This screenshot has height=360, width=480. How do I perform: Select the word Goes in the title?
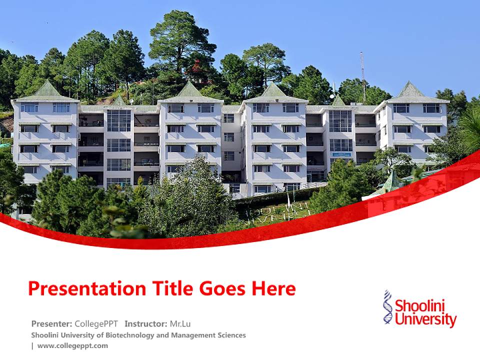[x=220, y=289]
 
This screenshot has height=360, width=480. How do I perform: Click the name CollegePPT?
[x=96, y=323]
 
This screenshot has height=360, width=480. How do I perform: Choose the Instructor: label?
[x=146, y=323]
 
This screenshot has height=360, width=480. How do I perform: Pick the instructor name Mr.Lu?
[x=180, y=323]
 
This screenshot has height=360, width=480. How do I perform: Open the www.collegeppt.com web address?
[x=72, y=345]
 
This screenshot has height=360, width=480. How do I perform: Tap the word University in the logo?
[x=425, y=319]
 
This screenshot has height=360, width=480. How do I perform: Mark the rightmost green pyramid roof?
[x=410, y=90]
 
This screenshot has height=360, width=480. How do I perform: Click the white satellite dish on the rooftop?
[x=332, y=96]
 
